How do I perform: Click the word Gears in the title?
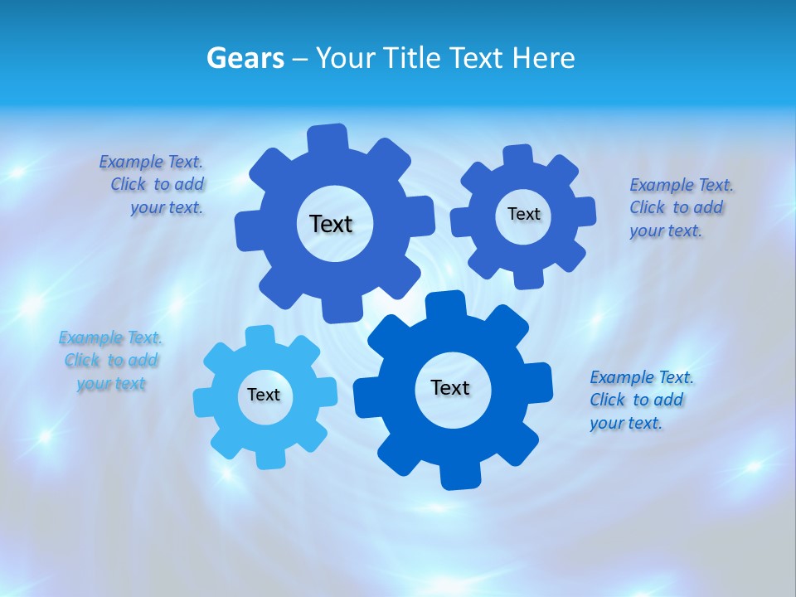245,58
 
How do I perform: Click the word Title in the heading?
412,58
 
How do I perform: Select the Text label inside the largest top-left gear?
331,224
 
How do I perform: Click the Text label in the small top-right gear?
523,214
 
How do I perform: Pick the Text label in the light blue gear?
264,395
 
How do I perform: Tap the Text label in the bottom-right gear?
450,387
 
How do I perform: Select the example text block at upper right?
680,207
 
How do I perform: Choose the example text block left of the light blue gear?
111,361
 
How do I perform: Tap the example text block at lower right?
640,400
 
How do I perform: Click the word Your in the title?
344,58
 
